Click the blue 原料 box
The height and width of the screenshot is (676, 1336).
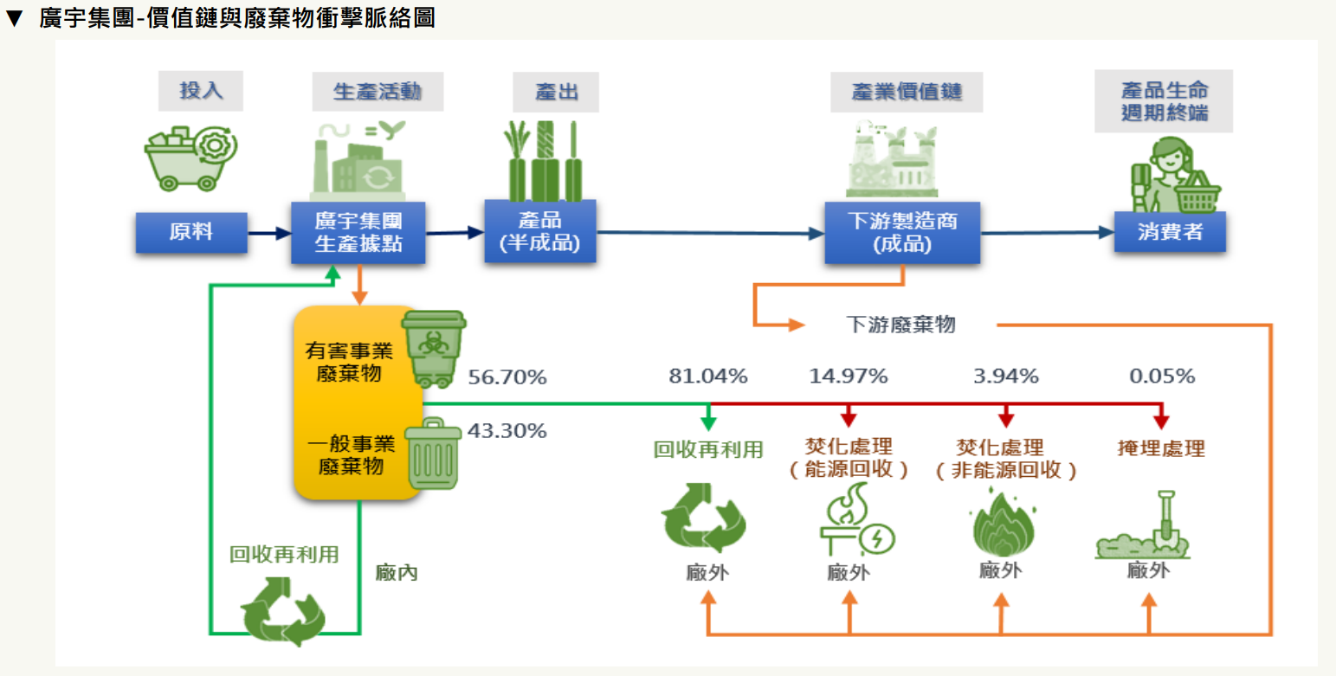click(191, 232)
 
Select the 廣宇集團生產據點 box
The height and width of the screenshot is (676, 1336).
click(358, 231)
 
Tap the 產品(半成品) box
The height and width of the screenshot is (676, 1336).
click(539, 232)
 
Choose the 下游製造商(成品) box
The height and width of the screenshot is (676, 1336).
click(901, 232)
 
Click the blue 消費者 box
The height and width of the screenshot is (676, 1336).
click(1170, 232)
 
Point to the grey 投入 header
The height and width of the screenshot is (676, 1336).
click(200, 91)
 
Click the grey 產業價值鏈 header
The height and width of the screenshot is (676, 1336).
click(907, 92)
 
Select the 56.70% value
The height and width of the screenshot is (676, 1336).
click(507, 377)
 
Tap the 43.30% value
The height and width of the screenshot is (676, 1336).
click(507, 430)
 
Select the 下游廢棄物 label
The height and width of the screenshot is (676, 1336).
click(900, 325)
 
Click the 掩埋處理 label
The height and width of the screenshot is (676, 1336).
click(1161, 447)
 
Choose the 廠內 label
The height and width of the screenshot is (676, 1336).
click(397, 572)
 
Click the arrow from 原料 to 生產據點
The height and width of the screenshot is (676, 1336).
click(268, 232)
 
